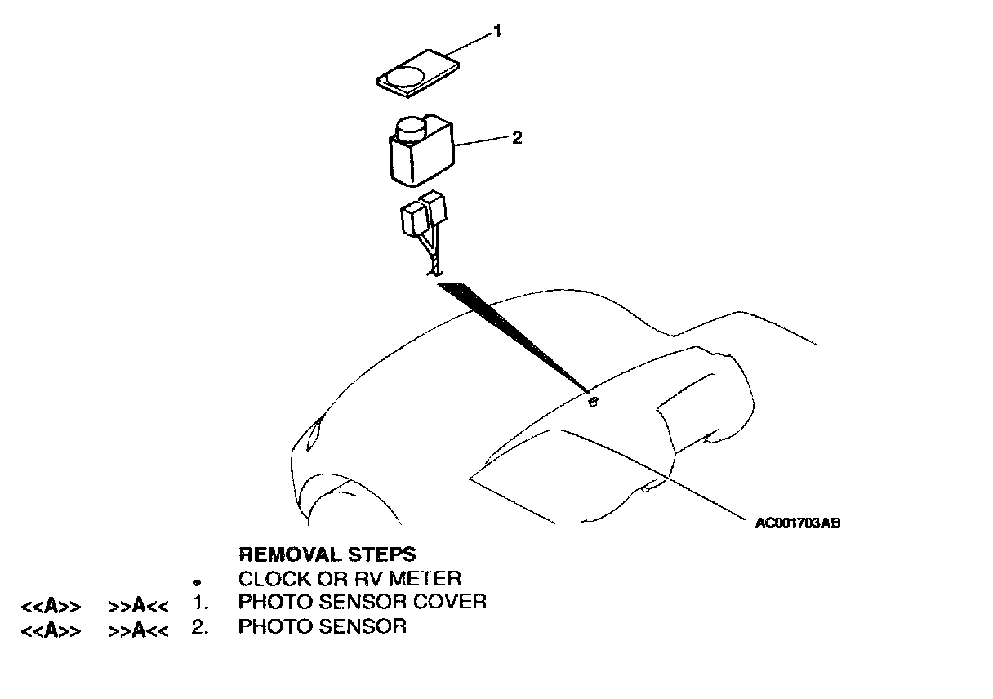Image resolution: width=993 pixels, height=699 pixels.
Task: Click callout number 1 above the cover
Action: click(x=496, y=32)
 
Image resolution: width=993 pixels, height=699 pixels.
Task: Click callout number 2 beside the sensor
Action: click(x=516, y=137)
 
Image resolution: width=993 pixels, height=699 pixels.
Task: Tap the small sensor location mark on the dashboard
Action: click(x=594, y=400)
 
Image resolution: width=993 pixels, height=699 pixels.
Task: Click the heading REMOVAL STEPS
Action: click(x=327, y=555)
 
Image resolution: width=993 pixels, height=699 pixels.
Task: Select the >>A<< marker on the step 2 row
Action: click(x=138, y=630)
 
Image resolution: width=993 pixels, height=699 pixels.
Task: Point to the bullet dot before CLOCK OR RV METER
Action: click(x=197, y=583)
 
